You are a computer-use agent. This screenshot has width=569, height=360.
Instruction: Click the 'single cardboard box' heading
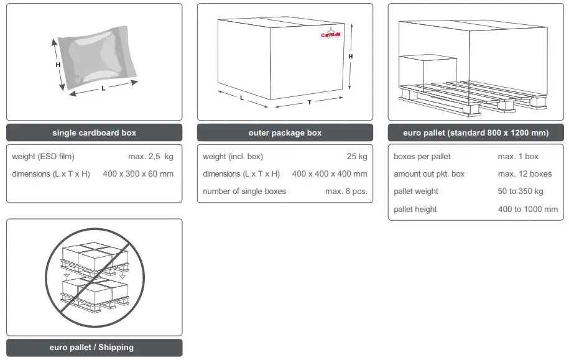[x=94, y=132]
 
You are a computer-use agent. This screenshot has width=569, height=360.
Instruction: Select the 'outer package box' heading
[x=285, y=132]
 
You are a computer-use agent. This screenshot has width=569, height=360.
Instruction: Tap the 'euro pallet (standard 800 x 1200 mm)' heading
[x=476, y=132]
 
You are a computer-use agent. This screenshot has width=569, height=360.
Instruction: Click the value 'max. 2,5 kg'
[x=150, y=157]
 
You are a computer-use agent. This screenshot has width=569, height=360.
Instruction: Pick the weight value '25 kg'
[x=357, y=157]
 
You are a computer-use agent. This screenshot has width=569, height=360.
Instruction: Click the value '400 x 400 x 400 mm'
[x=330, y=174]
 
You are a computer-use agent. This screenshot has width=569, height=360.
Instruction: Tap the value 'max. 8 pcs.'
[x=346, y=192]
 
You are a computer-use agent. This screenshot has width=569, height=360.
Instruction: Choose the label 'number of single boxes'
[x=244, y=192]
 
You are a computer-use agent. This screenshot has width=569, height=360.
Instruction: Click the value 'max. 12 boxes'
[x=525, y=174]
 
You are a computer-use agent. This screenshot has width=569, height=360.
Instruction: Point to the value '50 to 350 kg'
[x=520, y=192]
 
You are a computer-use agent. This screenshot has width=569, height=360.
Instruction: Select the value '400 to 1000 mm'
[x=528, y=210]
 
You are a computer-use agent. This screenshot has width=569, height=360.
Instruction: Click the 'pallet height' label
[x=415, y=210]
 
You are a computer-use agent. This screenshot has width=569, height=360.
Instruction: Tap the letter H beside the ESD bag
[x=58, y=65]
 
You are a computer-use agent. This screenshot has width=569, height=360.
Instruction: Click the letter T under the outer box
[x=310, y=103]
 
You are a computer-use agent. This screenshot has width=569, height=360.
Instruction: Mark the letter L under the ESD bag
[x=103, y=88]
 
